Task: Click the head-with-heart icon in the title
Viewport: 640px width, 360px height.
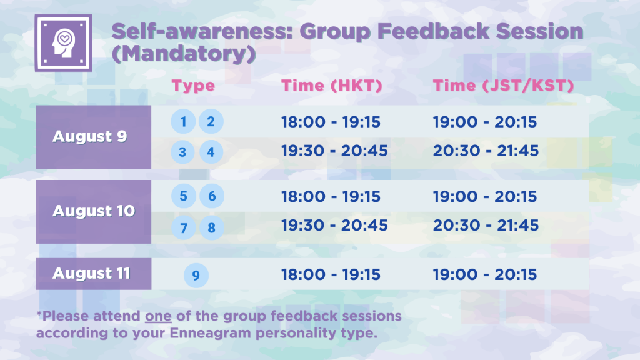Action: pyautogui.click(x=63, y=43)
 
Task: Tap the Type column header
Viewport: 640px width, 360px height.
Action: pyautogui.click(x=193, y=86)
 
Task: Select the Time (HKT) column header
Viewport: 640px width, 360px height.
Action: pyautogui.click(x=331, y=85)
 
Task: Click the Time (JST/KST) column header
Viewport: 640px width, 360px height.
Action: pyautogui.click(x=503, y=85)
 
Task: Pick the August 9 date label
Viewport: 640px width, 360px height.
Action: pyautogui.click(x=90, y=136)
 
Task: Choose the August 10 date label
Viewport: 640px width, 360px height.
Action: pyautogui.click(x=94, y=211)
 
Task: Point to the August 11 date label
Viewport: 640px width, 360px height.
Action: pyautogui.click(x=91, y=273)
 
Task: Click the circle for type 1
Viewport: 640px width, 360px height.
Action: pyautogui.click(x=183, y=121)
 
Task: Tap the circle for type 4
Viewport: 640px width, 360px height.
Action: pyautogui.click(x=211, y=152)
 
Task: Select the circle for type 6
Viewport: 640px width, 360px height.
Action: pyautogui.click(x=212, y=196)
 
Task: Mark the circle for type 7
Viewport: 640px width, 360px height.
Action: pyautogui.click(x=184, y=227)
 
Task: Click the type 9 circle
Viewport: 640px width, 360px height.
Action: pyautogui.click(x=196, y=276)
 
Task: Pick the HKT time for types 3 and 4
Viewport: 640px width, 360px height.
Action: pyautogui.click(x=334, y=151)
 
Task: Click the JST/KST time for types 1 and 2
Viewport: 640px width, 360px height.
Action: pyautogui.click(x=485, y=122)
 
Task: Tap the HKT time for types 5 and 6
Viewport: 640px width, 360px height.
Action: pyautogui.click(x=331, y=196)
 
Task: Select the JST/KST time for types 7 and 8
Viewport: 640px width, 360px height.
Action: pyautogui.click(x=486, y=225)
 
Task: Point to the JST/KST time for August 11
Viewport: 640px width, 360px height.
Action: pyautogui.click(x=485, y=275)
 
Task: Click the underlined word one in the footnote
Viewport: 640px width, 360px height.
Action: pyautogui.click(x=158, y=316)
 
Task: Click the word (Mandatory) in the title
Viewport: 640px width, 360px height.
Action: pyautogui.click(x=184, y=54)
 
